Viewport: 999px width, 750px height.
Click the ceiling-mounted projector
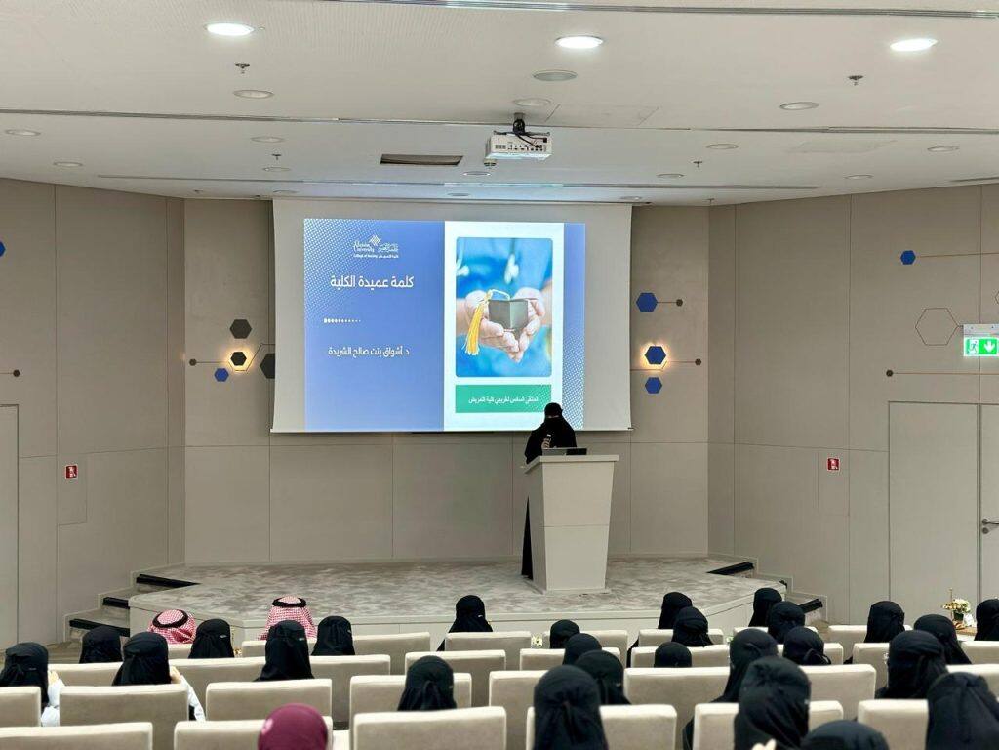point(518,146)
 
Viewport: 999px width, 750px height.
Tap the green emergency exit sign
point(980,346)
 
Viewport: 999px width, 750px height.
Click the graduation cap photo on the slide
point(503,308)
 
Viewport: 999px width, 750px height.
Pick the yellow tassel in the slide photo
point(475,324)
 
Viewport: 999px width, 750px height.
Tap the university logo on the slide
point(376,246)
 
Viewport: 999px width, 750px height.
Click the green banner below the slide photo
point(503,398)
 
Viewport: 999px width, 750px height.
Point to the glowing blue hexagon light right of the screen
point(656,355)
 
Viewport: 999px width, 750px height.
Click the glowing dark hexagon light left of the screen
point(238,358)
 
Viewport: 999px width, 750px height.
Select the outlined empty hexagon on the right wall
point(936,326)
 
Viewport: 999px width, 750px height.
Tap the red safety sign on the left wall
point(71,471)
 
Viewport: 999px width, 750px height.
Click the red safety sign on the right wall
point(832,464)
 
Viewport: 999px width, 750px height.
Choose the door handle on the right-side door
point(989,524)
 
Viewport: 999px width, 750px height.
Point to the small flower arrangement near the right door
point(956,608)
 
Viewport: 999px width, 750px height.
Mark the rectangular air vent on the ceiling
point(421,159)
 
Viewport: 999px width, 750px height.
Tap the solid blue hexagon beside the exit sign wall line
point(908,257)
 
